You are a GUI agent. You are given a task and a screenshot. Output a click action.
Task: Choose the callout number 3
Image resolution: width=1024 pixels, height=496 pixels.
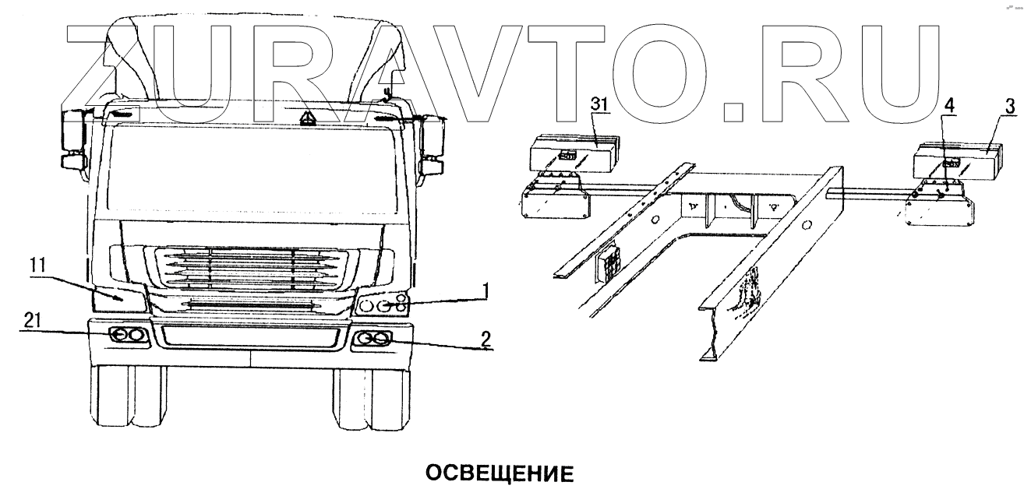[1009, 105]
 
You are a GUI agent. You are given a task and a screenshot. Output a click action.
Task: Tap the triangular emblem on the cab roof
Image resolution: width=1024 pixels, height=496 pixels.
[309, 117]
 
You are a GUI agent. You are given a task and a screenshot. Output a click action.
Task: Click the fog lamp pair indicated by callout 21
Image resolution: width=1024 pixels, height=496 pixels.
[128, 336]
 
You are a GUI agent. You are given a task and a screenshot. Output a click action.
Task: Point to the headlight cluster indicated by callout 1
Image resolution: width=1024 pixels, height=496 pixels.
[382, 304]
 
